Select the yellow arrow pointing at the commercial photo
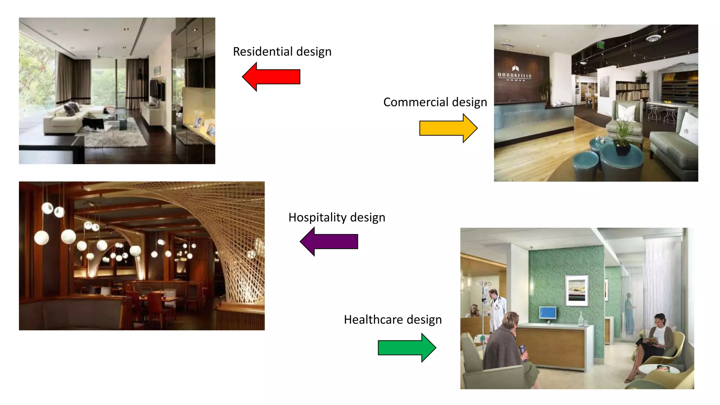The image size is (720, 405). click(449, 128)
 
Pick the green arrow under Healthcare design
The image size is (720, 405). click(407, 348)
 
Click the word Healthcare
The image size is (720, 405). click(373, 320)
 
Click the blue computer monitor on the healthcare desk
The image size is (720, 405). click(548, 313)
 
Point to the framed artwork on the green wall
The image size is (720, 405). click(577, 290)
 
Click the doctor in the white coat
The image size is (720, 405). click(496, 308)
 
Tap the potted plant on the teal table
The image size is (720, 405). click(622, 137)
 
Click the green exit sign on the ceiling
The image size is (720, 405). click(600, 45)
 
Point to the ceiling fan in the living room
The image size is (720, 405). click(99, 54)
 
